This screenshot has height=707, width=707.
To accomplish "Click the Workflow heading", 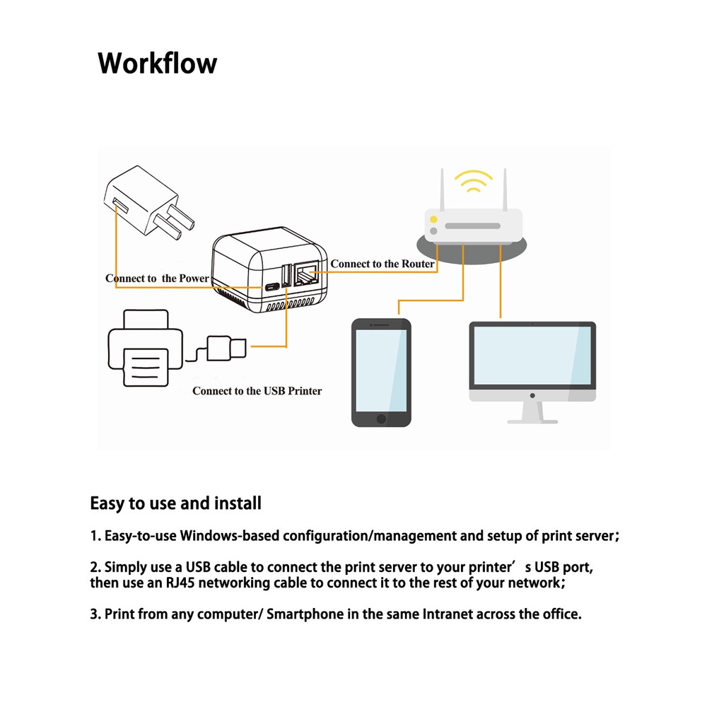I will pyautogui.click(x=157, y=63).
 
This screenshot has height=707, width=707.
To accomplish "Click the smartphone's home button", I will pyautogui.click(x=382, y=418).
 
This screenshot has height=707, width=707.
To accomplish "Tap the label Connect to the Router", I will pyautogui.click(x=382, y=264).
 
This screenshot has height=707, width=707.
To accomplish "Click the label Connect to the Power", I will pyautogui.click(x=157, y=278).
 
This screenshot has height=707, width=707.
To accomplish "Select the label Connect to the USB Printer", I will pyautogui.click(x=257, y=390).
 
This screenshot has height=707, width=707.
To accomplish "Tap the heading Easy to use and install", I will pyautogui.click(x=175, y=503).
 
